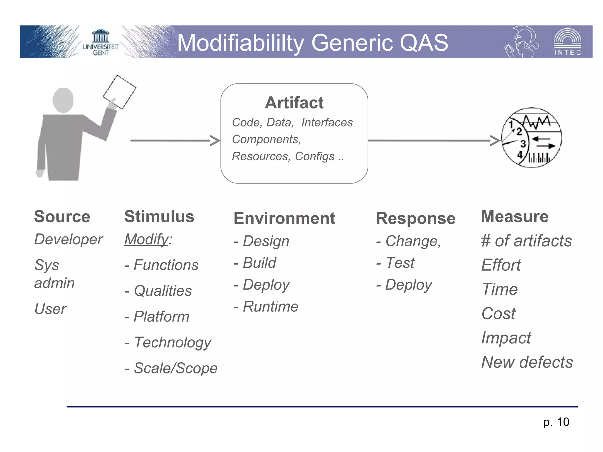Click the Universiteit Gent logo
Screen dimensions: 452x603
[x=100, y=42]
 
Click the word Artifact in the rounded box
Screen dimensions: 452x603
[x=294, y=103]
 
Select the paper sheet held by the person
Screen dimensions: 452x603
[x=120, y=92]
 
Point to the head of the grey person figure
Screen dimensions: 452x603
[x=63, y=100]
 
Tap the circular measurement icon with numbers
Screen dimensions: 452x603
[x=531, y=138]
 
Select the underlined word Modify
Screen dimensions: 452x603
[x=146, y=239]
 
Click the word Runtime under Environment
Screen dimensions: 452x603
[x=270, y=306]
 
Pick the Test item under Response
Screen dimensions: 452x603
[x=400, y=262]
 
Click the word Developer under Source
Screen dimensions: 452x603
[x=68, y=239]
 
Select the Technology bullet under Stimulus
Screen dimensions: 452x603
[x=172, y=342]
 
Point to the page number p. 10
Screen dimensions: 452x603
[x=556, y=422]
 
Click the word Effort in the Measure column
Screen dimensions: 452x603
[x=501, y=265]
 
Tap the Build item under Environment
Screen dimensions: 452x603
[x=259, y=262]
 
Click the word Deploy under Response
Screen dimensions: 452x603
[x=408, y=285]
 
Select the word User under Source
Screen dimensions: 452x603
[x=50, y=309]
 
